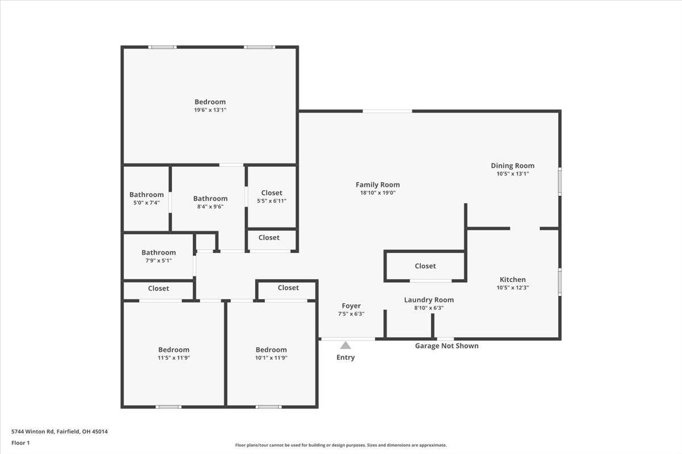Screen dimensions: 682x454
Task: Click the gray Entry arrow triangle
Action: (346, 345)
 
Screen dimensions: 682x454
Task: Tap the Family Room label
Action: (377, 184)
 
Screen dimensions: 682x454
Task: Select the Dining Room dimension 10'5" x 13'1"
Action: (513, 174)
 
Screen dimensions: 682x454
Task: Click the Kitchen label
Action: (513, 279)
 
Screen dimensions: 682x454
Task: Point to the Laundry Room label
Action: (429, 300)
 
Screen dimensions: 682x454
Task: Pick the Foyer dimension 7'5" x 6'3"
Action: (351, 313)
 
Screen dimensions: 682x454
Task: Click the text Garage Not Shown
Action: (447, 346)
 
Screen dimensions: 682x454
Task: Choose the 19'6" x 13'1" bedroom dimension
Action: (210, 110)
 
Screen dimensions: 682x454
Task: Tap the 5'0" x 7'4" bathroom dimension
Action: (147, 203)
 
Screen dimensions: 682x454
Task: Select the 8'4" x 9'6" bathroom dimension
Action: (210, 207)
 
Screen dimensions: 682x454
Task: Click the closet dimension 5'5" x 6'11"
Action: (272, 201)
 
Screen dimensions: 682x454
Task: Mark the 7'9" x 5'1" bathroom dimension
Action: (159, 260)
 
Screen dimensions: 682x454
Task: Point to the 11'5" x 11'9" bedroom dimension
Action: (173, 358)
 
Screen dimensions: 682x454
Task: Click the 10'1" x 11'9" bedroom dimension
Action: (271, 358)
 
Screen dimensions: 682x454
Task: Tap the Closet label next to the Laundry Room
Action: (425, 266)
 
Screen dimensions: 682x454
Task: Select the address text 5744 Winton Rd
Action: (33, 431)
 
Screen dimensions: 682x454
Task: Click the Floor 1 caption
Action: (20, 443)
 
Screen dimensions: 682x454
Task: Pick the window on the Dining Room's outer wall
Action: (560, 182)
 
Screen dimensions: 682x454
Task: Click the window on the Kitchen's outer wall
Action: (560, 282)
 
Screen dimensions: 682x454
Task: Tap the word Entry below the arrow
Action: (346, 358)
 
